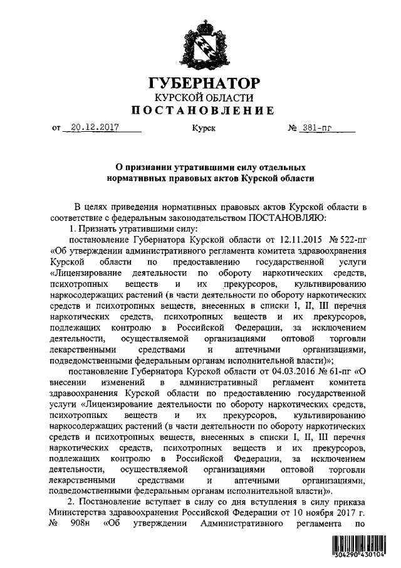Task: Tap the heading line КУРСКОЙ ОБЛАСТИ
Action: pos(201,98)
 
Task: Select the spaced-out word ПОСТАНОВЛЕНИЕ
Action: pos(201,112)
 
